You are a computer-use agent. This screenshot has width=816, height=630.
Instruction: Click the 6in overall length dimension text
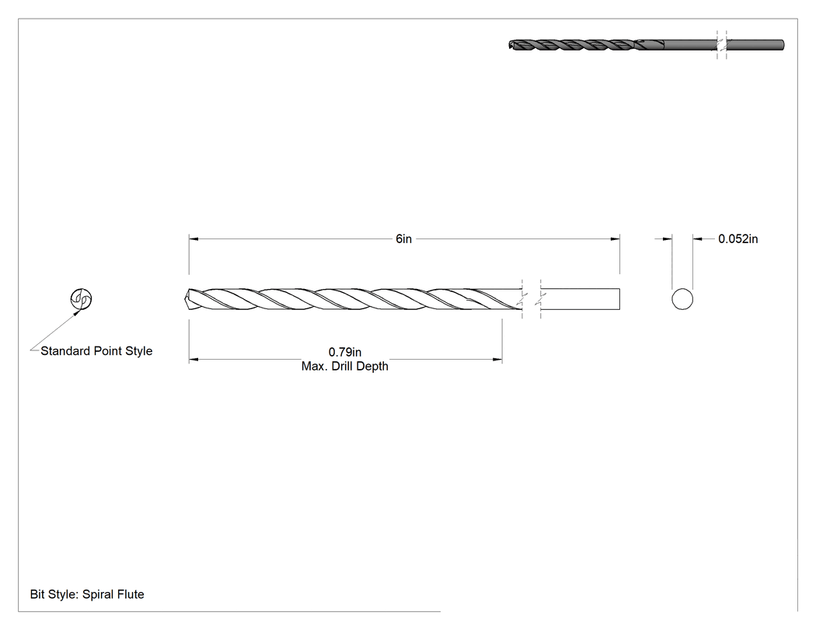403,238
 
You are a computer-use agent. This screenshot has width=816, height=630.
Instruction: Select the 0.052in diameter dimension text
738,238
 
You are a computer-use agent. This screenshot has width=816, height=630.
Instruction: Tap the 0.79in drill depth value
344,352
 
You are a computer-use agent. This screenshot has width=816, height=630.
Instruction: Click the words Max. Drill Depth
344,366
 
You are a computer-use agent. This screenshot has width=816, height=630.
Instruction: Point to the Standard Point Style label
96,351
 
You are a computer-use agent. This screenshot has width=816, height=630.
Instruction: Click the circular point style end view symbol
81,298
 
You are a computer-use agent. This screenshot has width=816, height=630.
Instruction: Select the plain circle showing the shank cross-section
682,299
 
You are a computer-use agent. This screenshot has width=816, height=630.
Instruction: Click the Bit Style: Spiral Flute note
87,594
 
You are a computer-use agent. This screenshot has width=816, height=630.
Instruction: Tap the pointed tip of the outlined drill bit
186,299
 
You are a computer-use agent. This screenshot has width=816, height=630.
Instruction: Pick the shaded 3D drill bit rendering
646,45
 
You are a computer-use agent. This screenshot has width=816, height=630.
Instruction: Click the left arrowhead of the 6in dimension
193,238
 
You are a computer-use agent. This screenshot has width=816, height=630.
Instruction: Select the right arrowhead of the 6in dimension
615,238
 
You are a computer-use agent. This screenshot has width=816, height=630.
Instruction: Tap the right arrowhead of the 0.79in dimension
497,359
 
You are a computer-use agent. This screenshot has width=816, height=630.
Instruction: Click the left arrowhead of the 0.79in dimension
193,359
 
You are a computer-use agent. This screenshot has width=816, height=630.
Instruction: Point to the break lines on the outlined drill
532,299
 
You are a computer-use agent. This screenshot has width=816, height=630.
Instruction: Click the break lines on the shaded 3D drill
721,45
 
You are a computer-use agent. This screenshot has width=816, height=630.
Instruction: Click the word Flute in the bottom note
130,594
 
